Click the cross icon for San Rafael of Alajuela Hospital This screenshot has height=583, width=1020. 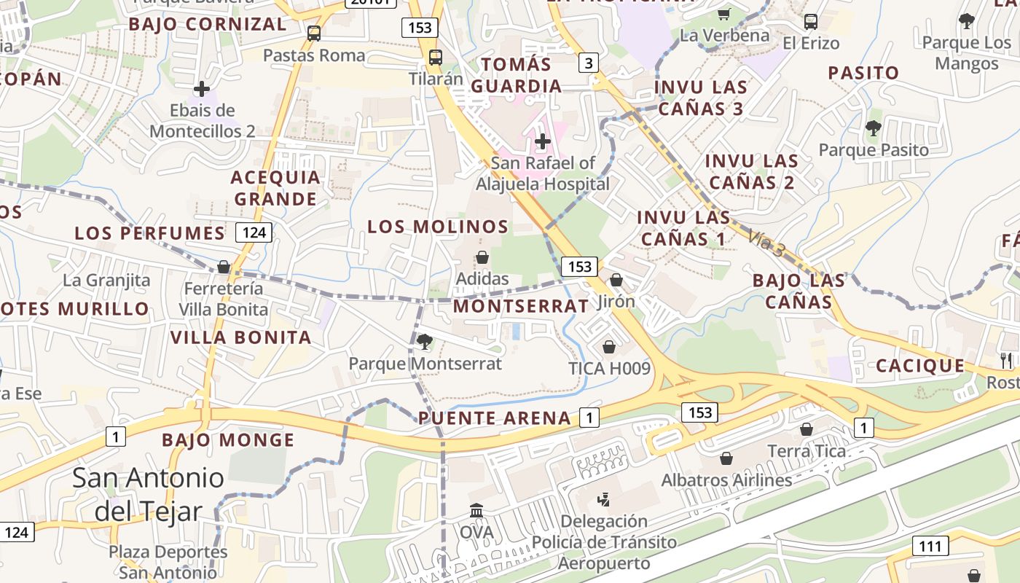542,141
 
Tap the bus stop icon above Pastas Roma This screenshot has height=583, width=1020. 314,33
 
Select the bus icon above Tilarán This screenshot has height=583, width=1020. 436,57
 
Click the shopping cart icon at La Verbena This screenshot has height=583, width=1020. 724,14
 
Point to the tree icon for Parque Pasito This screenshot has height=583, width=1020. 873,128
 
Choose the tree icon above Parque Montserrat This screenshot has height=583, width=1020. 424,341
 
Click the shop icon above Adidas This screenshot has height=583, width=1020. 482,257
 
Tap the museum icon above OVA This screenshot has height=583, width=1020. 476,510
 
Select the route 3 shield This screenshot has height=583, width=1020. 589,63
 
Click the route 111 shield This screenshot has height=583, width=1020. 930,546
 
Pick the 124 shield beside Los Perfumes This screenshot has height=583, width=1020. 254,232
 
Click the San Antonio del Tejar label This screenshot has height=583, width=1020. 149,494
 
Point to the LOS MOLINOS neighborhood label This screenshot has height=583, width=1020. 438,227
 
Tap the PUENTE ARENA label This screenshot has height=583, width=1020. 495,418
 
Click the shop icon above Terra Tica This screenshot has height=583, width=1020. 807,429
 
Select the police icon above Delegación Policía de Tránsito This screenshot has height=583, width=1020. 603,500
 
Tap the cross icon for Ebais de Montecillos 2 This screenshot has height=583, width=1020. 202,89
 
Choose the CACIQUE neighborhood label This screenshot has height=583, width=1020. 920,366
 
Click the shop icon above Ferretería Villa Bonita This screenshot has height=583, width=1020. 224,267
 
